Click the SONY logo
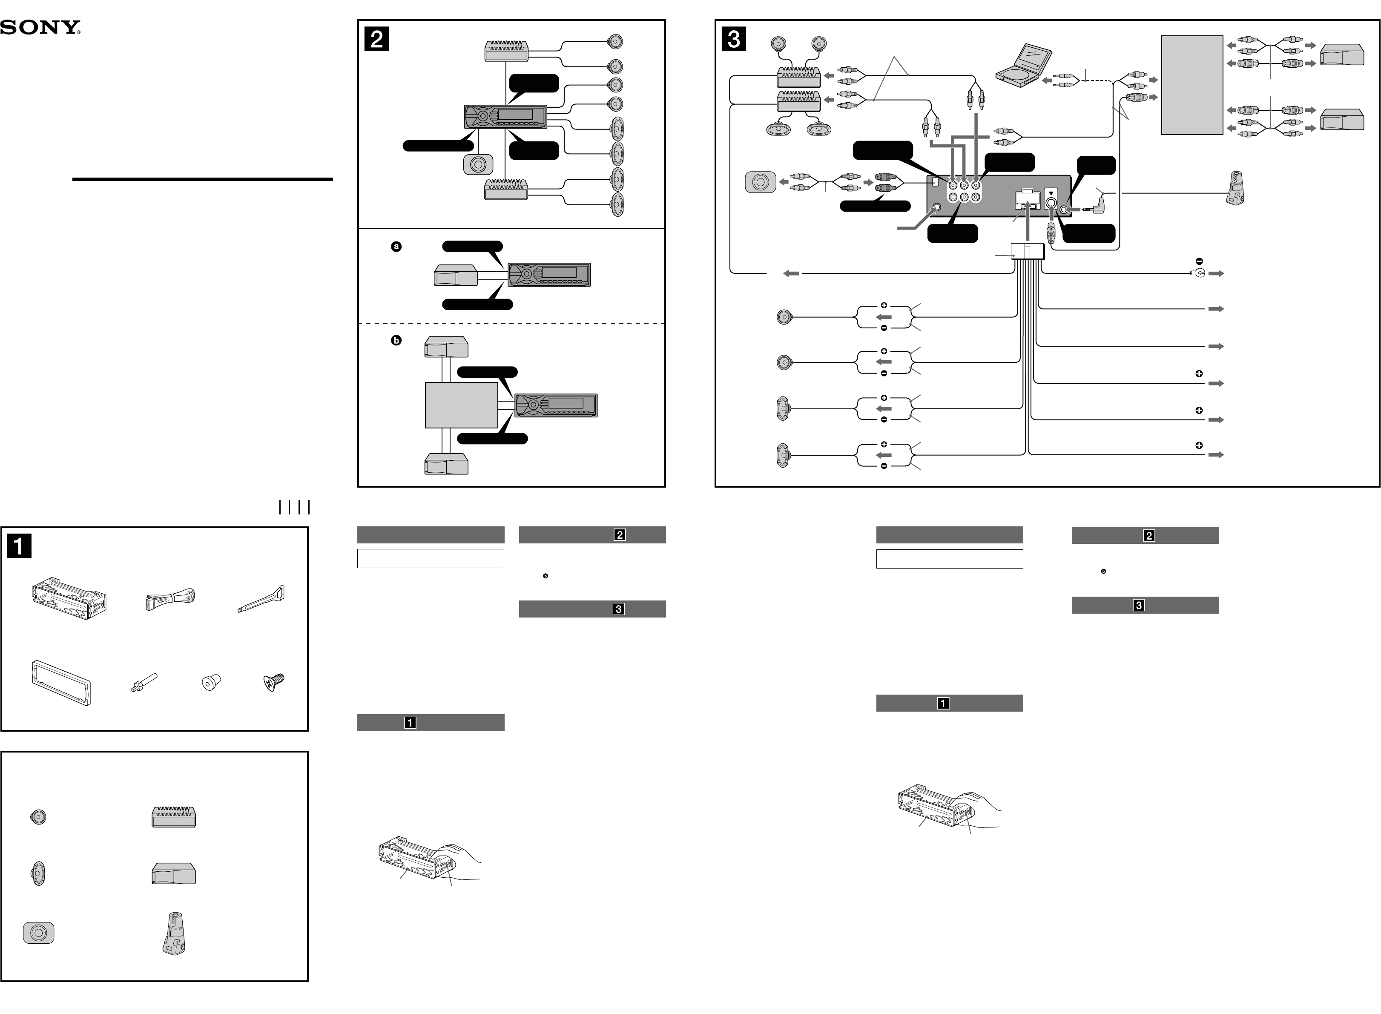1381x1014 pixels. coord(40,28)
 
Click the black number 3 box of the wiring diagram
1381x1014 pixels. coord(733,39)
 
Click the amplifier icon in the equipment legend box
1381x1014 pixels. coord(174,817)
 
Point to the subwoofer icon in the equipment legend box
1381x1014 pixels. coord(38,932)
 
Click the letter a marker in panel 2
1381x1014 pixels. coord(396,247)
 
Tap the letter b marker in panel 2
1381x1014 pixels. coord(396,340)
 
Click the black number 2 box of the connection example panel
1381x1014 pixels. coord(376,39)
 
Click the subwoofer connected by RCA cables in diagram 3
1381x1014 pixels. coord(760,182)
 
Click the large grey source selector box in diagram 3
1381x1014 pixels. coord(1192,85)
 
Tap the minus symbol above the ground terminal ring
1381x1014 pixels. coord(1199,261)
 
